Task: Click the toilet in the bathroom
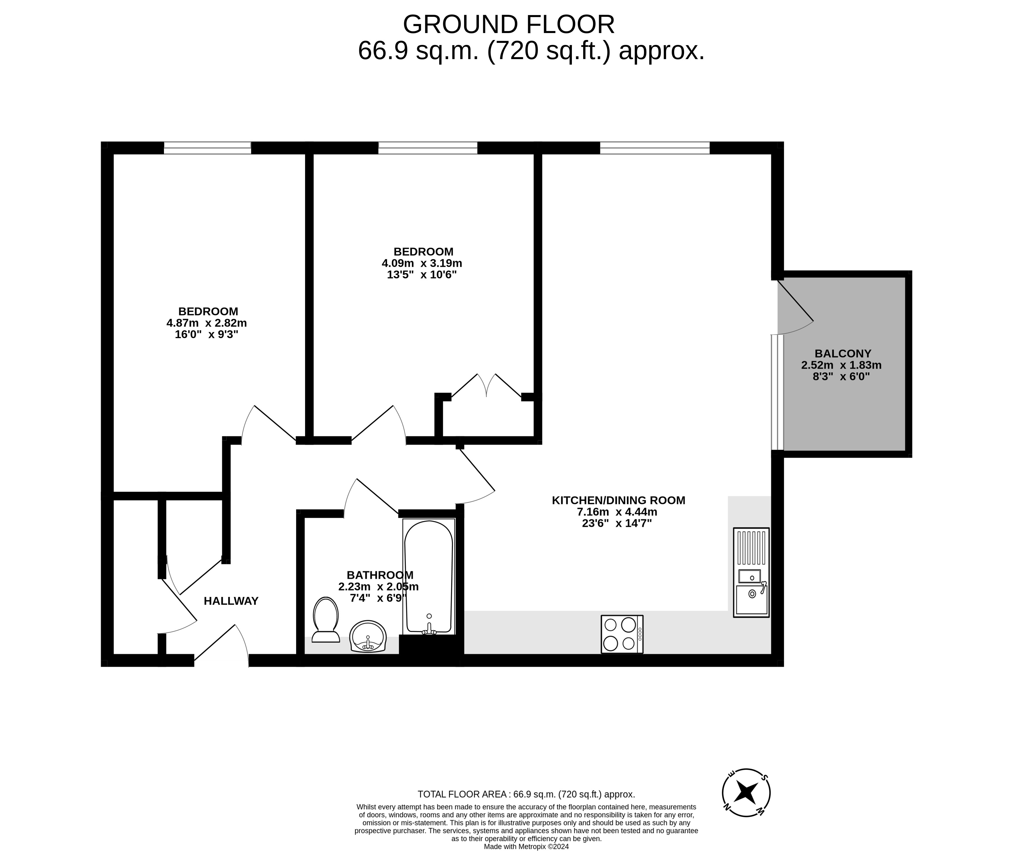[326, 620]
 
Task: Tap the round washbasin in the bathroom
[368, 636]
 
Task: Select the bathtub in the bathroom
[429, 577]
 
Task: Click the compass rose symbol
[746, 793]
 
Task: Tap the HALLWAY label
[231, 601]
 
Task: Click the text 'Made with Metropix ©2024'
[526, 847]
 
